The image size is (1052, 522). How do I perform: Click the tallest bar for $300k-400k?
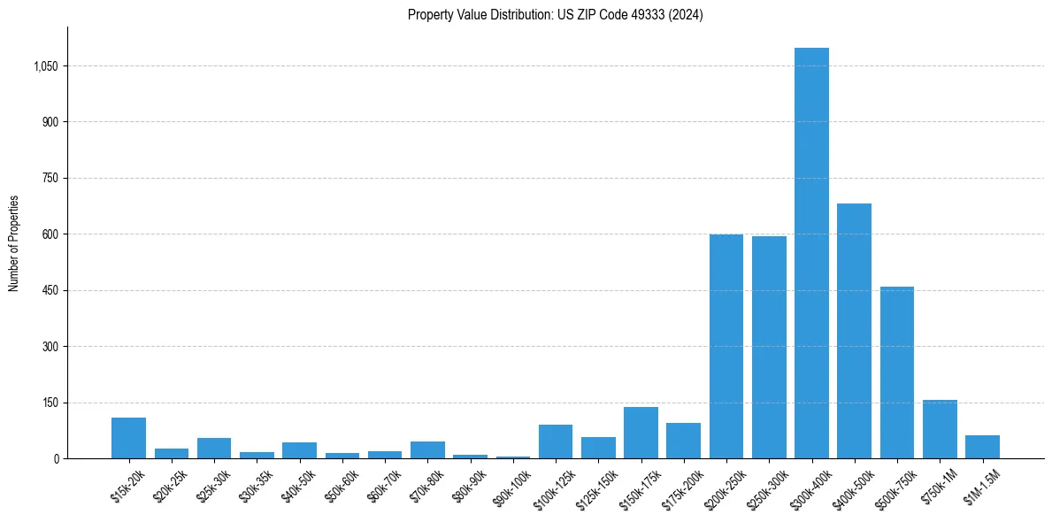coord(811,253)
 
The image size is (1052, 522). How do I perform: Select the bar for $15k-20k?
coord(128,438)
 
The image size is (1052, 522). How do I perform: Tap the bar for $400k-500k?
coord(854,331)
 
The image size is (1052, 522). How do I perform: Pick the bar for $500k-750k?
coord(896,372)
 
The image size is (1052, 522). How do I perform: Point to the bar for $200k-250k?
coord(726,347)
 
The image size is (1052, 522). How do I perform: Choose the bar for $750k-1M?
coord(940,429)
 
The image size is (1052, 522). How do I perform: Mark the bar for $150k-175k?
coord(641,433)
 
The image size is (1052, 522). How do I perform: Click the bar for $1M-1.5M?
coord(982,447)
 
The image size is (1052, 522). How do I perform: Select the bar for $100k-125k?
coord(555,441)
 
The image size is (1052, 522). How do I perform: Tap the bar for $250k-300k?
coord(769,348)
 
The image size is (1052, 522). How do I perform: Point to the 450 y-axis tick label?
coord(50,291)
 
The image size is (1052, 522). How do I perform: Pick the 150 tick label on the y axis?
coord(50,403)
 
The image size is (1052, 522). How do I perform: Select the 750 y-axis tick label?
coord(50,179)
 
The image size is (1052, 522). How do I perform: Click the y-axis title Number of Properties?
coord(14,242)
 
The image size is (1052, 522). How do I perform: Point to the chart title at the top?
coord(555,15)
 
